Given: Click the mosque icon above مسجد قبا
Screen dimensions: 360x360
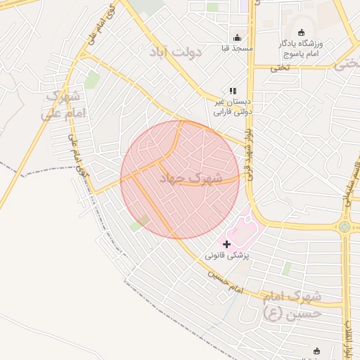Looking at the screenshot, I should point(237,38).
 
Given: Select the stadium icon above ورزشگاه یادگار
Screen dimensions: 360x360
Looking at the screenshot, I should point(302,32).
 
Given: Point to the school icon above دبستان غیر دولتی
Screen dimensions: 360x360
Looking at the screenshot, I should point(233,91).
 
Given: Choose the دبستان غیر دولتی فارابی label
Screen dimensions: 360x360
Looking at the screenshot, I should point(232,106).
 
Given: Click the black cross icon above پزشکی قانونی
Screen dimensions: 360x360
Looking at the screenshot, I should point(226,244).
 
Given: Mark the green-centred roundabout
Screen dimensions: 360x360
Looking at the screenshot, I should point(344,226).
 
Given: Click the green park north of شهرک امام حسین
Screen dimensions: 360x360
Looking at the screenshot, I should point(286,269).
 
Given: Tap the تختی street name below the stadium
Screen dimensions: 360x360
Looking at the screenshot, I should point(280,67).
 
